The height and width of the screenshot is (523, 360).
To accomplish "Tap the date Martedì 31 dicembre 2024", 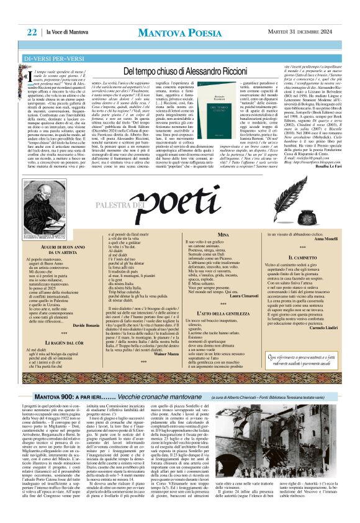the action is point(312,32).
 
